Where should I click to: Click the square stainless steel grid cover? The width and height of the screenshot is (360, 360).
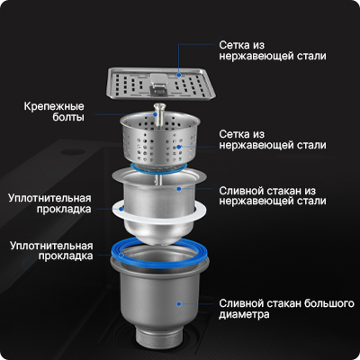[161, 84]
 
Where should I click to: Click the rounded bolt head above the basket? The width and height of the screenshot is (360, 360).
[160, 106]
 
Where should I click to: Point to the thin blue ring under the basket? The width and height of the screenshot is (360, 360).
[160, 168]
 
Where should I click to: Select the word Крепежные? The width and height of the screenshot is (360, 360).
[54, 106]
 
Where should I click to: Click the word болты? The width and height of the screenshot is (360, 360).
[68, 117]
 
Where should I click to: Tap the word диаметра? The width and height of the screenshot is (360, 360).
[244, 314]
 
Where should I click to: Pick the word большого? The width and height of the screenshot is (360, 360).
[329, 303]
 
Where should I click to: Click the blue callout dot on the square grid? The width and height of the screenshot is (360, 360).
[179, 75]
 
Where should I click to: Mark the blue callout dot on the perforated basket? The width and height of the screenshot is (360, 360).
[179, 147]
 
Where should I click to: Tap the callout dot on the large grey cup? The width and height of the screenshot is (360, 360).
[179, 304]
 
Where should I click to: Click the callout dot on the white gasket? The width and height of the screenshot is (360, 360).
[121, 209]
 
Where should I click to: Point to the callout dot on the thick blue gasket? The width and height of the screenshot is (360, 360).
[121, 256]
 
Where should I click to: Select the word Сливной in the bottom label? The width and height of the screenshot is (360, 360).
[240, 303]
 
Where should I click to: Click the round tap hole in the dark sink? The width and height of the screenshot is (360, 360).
[71, 152]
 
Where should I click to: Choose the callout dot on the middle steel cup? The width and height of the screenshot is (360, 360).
[179, 189]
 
